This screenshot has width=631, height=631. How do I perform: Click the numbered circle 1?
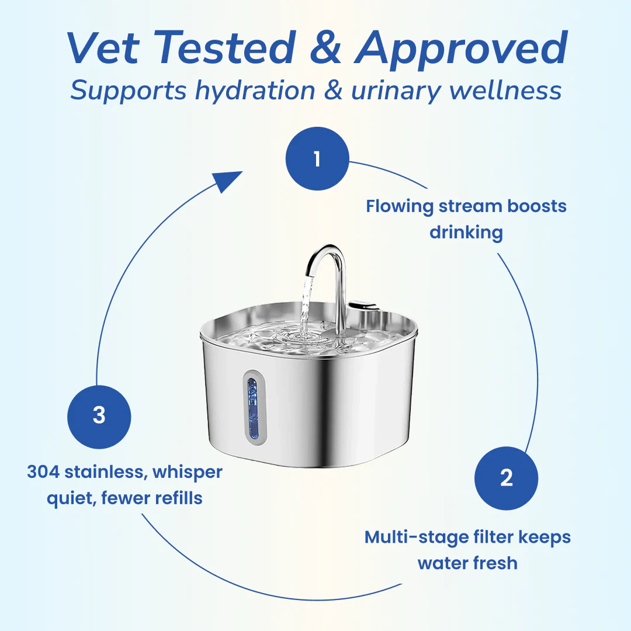click(x=317, y=158)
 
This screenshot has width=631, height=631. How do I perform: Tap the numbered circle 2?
click(x=506, y=479)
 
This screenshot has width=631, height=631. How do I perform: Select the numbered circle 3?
click(x=99, y=415)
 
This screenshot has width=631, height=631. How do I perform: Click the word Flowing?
click(x=400, y=207)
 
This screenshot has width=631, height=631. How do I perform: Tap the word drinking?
click(x=466, y=233)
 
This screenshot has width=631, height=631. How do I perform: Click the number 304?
click(x=43, y=472)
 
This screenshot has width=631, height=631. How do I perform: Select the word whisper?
click(x=188, y=472)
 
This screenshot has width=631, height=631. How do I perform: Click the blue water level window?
click(x=252, y=407)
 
